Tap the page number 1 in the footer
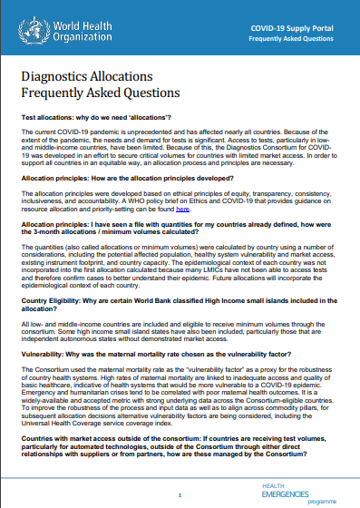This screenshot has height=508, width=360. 180,494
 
